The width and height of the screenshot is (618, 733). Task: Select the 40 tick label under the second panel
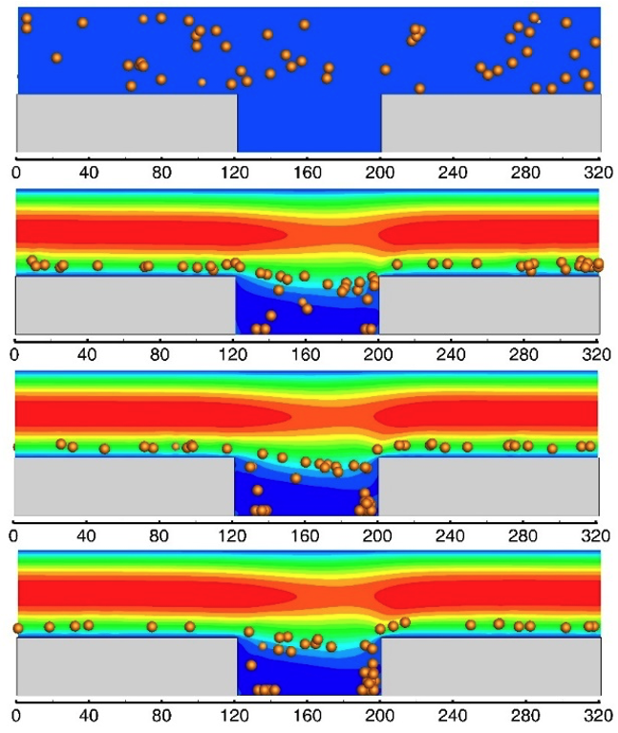tap(88, 354)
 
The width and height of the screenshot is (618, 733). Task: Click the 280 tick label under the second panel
tap(524, 354)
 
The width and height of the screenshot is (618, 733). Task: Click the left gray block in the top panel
tap(126, 122)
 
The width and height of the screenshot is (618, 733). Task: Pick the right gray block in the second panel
tap(489, 304)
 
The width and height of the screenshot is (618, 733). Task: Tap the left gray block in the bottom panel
tap(126, 665)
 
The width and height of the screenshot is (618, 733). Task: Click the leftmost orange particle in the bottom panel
tap(17, 628)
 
